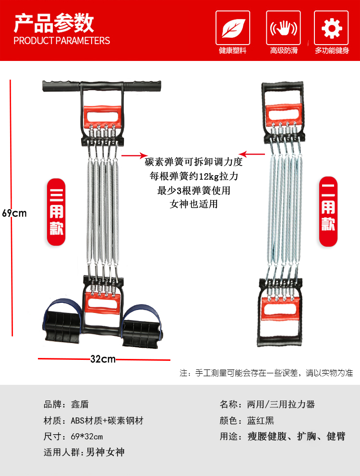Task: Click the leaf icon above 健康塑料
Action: tap(233, 28)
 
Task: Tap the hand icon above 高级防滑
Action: tap(284, 28)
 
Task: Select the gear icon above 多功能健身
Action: tap(332, 28)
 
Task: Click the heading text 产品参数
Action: tap(54, 23)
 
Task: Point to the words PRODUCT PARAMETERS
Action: tap(61, 41)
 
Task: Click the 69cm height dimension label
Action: tap(14, 213)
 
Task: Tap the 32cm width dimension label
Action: tap(103, 359)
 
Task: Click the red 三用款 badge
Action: tap(56, 212)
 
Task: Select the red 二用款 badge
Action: tap(328, 212)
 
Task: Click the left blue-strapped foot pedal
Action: tap(62, 322)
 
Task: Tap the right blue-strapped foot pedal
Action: tap(142, 325)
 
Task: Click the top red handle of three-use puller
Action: tap(102, 115)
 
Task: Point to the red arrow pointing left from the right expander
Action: tap(252, 154)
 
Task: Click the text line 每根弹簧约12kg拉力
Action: tap(194, 176)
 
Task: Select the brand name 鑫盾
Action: tap(80, 405)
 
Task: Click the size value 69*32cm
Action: tap(87, 437)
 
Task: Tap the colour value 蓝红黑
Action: tap(261, 420)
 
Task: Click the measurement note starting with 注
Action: tap(266, 373)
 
